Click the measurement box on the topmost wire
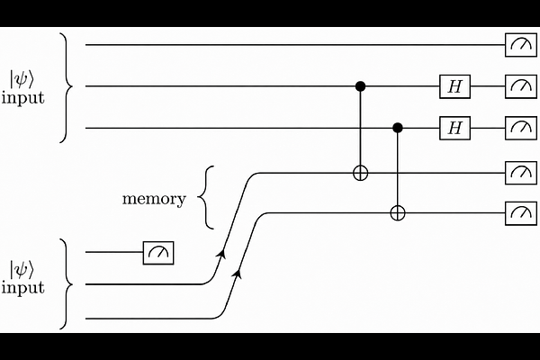click(x=521, y=45)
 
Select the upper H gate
click(x=454, y=86)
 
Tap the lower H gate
click(x=454, y=128)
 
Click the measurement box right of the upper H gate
click(x=521, y=86)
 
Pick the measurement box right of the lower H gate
click(x=521, y=128)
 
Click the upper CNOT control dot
click(x=360, y=86)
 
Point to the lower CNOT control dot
click(x=398, y=128)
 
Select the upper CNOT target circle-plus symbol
click(x=361, y=174)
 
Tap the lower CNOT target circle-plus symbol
click(x=398, y=213)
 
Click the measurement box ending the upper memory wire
click(x=521, y=173)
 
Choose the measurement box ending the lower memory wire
click(x=521, y=213)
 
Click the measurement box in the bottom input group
click(x=158, y=253)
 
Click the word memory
click(x=154, y=199)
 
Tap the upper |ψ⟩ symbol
click(x=22, y=80)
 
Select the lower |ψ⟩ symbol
click(x=22, y=270)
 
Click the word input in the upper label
click(x=23, y=97)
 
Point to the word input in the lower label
click(x=23, y=287)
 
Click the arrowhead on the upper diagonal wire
click(x=221, y=253)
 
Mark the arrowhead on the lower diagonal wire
click(x=237, y=274)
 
